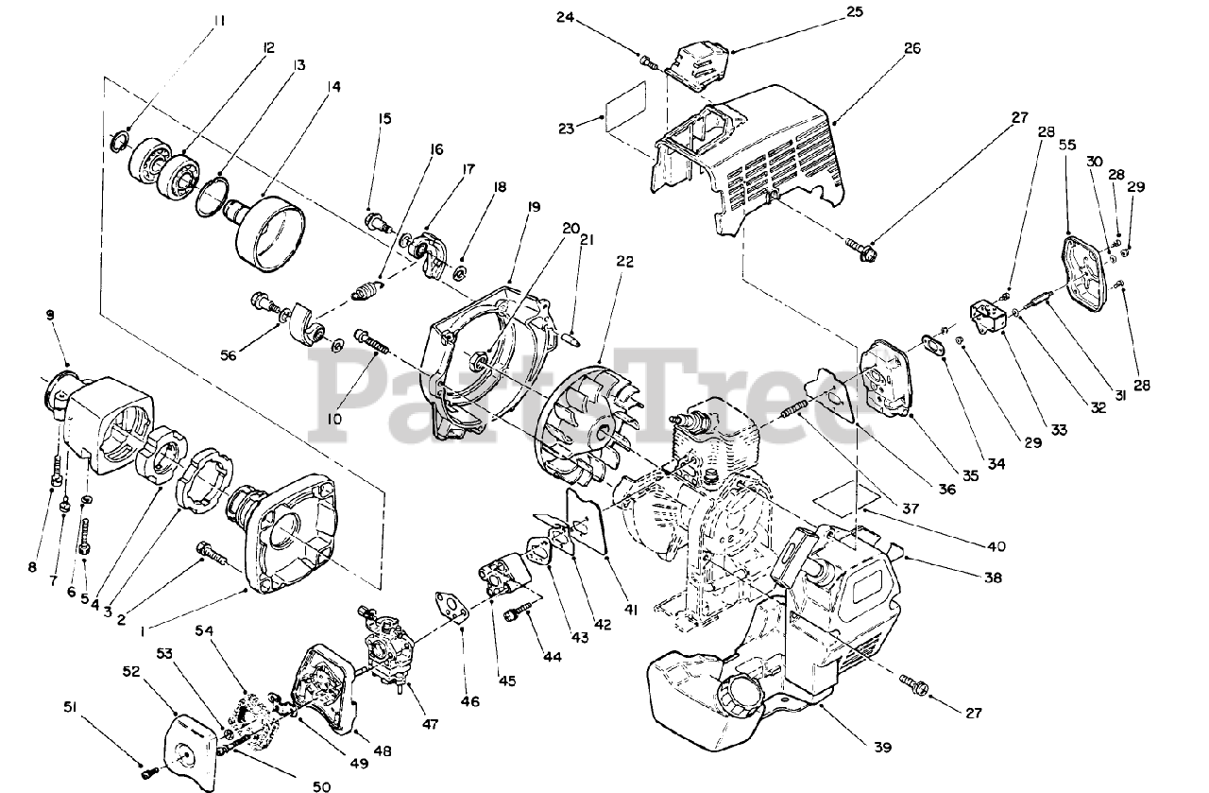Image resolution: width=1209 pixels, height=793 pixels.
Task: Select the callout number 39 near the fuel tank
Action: (x=881, y=747)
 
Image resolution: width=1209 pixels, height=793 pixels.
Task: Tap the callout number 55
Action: (x=1067, y=146)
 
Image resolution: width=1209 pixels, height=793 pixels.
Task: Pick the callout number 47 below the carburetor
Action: (x=430, y=726)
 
